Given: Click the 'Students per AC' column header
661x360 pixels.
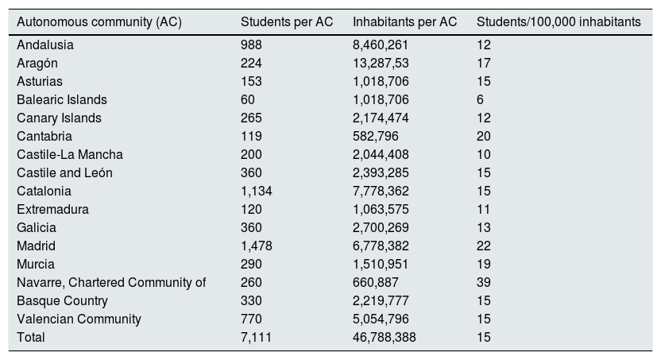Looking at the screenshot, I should [x=286, y=22].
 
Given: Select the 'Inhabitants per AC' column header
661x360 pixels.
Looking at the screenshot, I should [x=404, y=22].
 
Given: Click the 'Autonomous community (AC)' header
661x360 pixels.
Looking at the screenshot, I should [x=99, y=22].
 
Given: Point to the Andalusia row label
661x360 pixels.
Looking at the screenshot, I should [x=44, y=45].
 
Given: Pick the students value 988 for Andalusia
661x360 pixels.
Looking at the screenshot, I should [x=251, y=45].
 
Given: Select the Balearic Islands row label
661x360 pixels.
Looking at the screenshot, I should [x=62, y=100].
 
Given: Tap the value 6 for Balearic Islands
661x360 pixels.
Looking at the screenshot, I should [x=481, y=100].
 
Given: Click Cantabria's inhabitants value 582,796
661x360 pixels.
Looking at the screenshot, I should [x=375, y=137].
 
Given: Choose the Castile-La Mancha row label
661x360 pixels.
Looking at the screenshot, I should [x=70, y=155].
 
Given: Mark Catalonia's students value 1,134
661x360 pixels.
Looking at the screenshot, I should [x=256, y=192].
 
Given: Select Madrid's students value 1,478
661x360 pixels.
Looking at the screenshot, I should [x=256, y=246].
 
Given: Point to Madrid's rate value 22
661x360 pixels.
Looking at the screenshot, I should [x=484, y=246].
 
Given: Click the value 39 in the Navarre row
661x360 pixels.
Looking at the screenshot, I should [x=484, y=283].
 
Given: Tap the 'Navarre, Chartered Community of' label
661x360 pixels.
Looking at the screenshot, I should [x=111, y=283].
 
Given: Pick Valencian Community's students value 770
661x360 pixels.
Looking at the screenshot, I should [x=251, y=319].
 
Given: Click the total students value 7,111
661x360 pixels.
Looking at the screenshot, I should [x=256, y=338].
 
